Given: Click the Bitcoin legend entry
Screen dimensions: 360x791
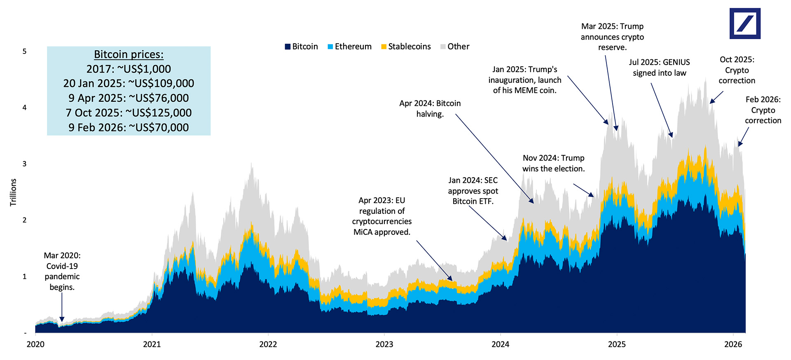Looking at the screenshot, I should coord(301,47).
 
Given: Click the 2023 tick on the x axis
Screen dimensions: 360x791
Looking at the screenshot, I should coord(384,344).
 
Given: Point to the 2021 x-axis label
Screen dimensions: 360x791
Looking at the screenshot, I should coord(152,344).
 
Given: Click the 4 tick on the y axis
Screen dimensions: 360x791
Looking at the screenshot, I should coord(24,108).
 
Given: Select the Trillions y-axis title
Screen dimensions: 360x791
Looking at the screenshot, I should coord(13,192).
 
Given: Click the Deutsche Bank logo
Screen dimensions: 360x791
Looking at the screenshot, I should coord(745,23).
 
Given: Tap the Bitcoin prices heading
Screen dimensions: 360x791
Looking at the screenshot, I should coord(129,54).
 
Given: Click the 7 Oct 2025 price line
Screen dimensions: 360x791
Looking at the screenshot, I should coord(129,112).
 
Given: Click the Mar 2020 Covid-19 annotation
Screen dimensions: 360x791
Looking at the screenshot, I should coord(62,271).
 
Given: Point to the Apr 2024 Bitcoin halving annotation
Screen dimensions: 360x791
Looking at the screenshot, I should coord(430,108).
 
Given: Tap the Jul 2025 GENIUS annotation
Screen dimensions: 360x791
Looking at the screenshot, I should coord(659,68).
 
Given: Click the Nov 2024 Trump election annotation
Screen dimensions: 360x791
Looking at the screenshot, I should coord(553,163).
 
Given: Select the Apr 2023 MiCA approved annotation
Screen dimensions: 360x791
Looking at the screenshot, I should coord(381,216).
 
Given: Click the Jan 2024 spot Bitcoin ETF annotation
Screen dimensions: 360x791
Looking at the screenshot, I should coord(473,191).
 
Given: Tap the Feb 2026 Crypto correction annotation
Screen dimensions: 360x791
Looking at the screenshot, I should coord(763,110).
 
